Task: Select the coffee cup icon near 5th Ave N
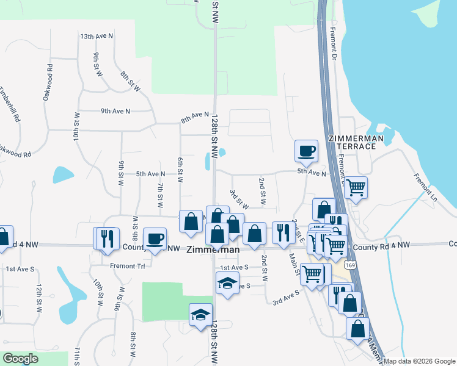coord(306,150)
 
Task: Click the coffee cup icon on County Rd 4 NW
coord(155,238)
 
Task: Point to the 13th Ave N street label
coord(97,37)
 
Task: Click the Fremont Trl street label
coord(126,266)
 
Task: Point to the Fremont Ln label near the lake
coord(425,188)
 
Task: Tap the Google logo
coord(21,359)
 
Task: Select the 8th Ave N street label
coord(194,118)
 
